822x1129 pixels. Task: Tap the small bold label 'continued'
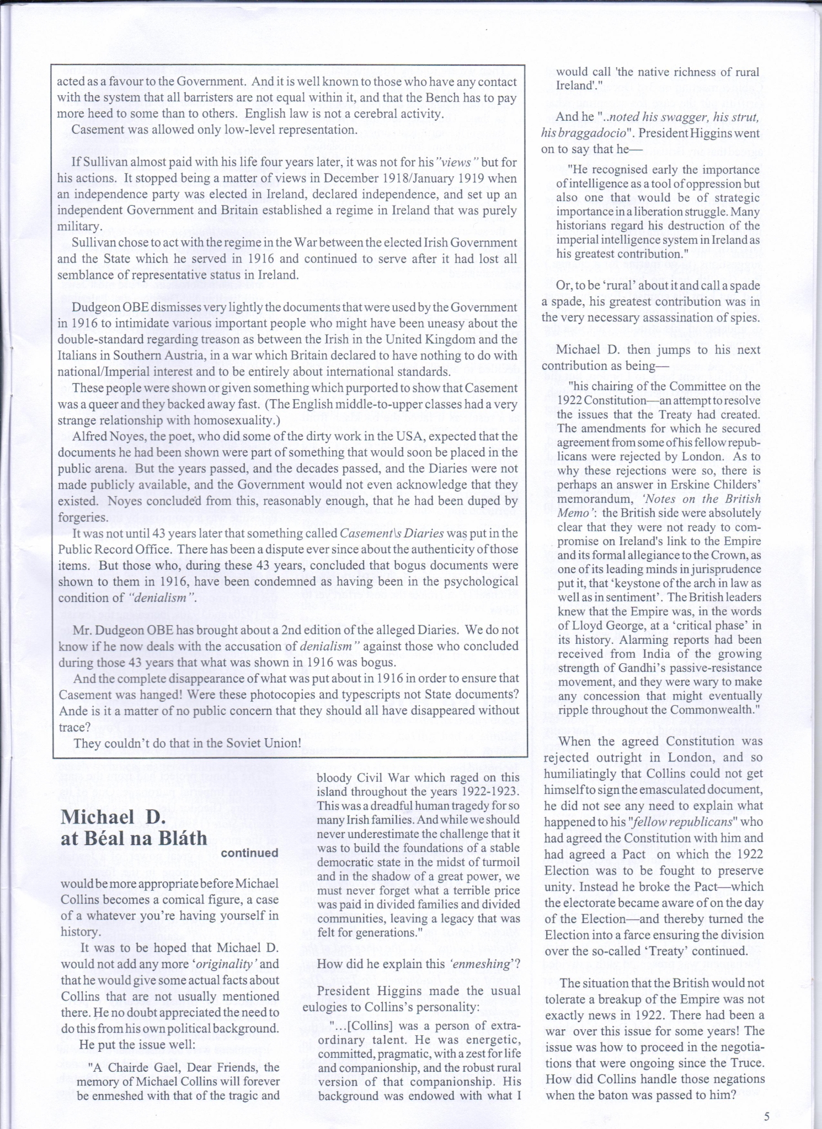pyautogui.click(x=249, y=853)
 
